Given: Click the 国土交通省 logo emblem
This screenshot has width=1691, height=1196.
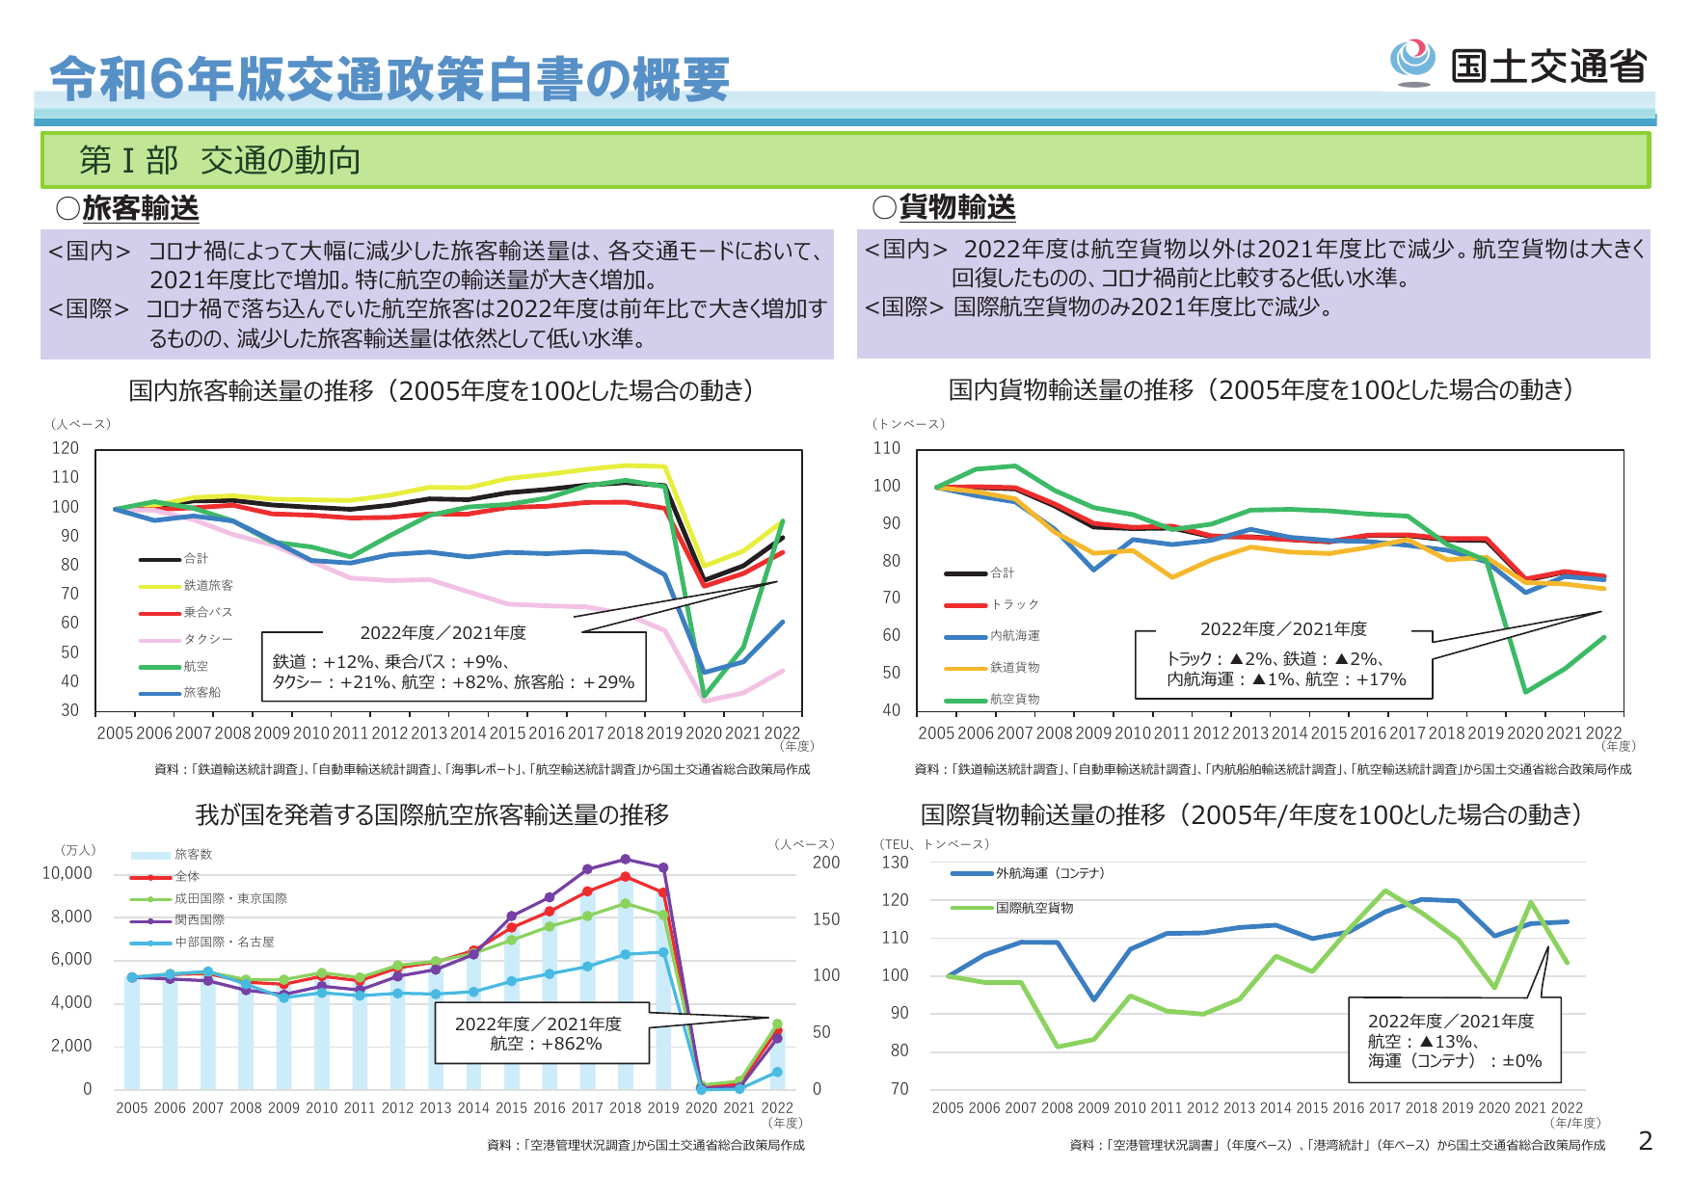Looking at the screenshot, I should [x=1412, y=62].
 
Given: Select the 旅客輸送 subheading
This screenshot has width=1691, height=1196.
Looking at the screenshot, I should [x=140, y=207].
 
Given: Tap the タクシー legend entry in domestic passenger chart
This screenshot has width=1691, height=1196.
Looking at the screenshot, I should [x=207, y=639].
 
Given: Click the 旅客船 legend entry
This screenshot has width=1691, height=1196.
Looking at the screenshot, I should [x=201, y=692].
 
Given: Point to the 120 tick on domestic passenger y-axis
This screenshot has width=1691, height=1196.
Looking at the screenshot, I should [x=66, y=448].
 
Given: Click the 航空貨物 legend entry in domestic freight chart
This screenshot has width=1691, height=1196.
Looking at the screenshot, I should [x=1014, y=699].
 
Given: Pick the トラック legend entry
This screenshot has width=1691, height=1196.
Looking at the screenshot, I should [x=1014, y=604].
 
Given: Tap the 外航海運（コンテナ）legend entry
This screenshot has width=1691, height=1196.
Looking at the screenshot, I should [x=1051, y=873].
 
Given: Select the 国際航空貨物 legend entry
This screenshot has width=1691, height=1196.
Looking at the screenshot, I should [x=1033, y=908].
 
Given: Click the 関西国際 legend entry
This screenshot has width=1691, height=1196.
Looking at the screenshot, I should [x=199, y=919].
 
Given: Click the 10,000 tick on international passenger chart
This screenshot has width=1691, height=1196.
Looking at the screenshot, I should [x=67, y=873].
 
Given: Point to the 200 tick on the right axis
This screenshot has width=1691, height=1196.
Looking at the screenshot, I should [x=826, y=863].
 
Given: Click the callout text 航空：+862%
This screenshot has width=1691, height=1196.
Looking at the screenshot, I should [x=546, y=1044].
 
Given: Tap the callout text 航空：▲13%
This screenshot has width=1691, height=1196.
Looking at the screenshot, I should [x=1423, y=1041].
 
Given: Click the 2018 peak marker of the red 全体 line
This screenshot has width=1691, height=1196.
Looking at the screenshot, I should [x=625, y=877].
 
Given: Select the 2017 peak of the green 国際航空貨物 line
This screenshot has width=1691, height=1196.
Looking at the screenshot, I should [x=1385, y=891].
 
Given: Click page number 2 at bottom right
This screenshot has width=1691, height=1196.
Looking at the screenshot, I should [x=1646, y=1141].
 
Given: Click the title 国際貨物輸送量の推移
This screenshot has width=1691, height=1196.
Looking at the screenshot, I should [x=1042, y=814].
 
